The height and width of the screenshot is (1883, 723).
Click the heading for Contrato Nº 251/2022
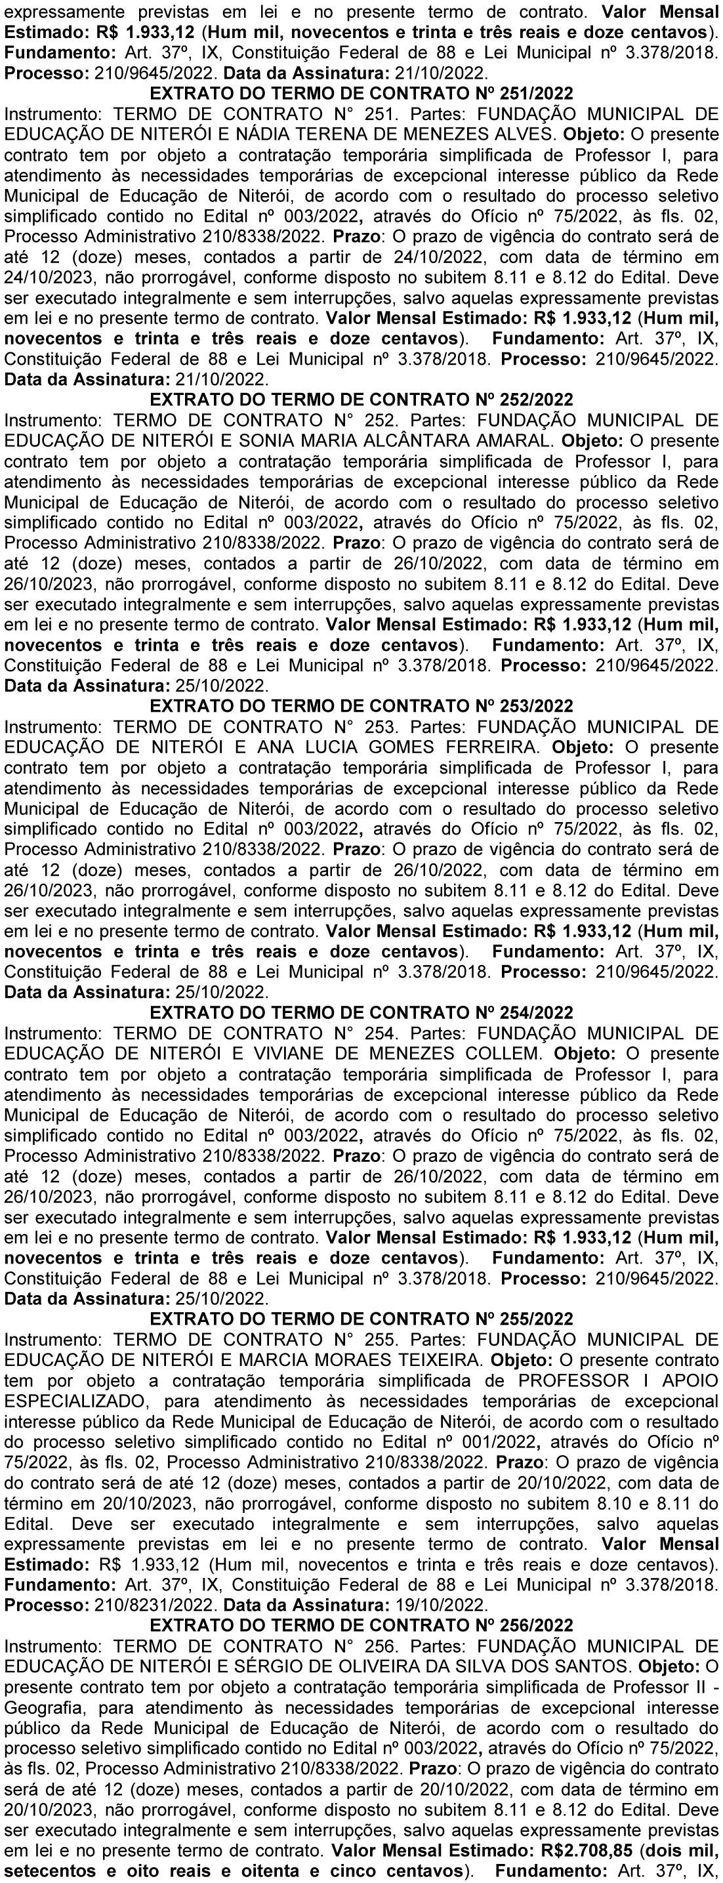click(x=361, y=94)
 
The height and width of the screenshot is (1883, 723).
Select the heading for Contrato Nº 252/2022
click(x=361, y=400)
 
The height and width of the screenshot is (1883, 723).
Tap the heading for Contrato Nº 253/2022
click(x=361, y=706)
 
